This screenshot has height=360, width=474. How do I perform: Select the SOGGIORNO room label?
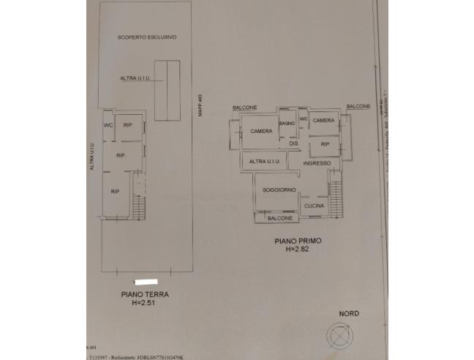pyautogui.click(x=279, y=190)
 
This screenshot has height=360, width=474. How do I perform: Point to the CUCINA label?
pyautogui.click(x=314, y=206)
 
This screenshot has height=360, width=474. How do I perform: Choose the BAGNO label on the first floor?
pyautogui.click(x=287, y=123)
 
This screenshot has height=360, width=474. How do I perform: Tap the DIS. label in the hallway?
pyautogui.click(x=294, y=143)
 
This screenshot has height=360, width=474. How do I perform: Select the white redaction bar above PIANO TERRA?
pyautogui.click(x=147, y=282)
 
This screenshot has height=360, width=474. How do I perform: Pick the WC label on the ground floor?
pyautogui.click(x=108, y=124)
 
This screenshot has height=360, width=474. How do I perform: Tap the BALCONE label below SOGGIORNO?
pyautogui.click(x=280, y=218)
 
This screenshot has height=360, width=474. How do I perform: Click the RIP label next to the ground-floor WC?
pyautogui.click(x=127, y=124)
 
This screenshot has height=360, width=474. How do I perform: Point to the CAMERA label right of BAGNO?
pyautogui.click(x=323, y=120)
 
